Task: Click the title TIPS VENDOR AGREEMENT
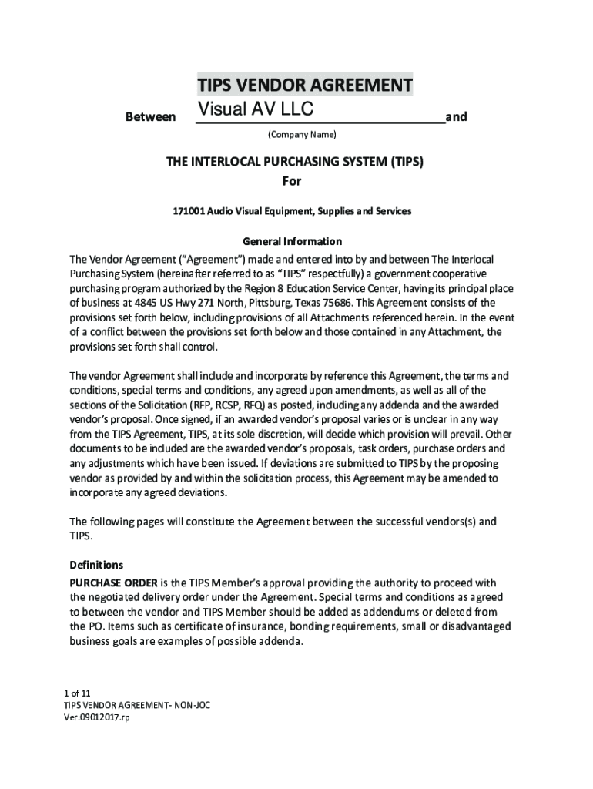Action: click(x=304, y=84)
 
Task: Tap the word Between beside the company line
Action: click(x=150, y=117)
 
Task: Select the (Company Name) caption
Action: click(x=302, y=135)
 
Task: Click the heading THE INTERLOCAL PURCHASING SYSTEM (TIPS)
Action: click(x=296, y=163)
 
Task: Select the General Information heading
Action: click(x=292, y=241)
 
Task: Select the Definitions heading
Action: click(x=96, y=565)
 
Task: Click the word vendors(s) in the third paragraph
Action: click(x=447, y=522)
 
